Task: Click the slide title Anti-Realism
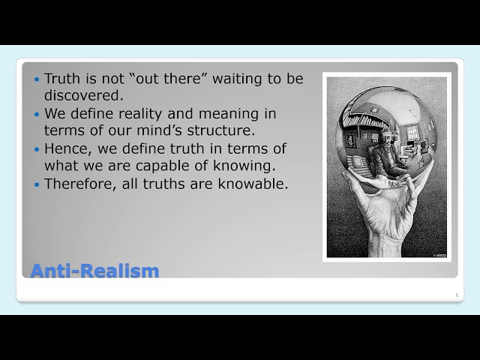point(94,270)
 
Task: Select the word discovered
point(83,96)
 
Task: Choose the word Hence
point(66,148)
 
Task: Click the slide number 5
point(457,295)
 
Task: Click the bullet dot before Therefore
point(37,184)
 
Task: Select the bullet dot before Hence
point(37,149)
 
